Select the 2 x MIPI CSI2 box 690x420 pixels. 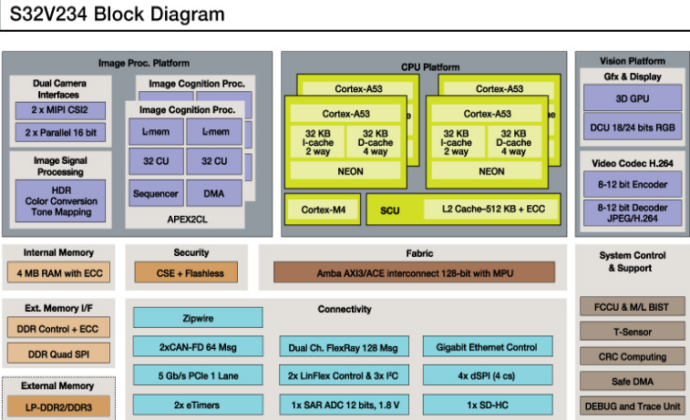(59, 110)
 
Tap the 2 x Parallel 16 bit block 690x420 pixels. (59, 133)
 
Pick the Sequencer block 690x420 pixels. (155, 193)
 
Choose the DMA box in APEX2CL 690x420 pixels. (214, 193)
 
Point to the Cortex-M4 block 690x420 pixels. (322, 209)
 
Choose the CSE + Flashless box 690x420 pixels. (191, 271)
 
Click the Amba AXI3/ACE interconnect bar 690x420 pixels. (414, 271)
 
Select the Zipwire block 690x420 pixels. (198, 318)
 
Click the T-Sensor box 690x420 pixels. (632, 332)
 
